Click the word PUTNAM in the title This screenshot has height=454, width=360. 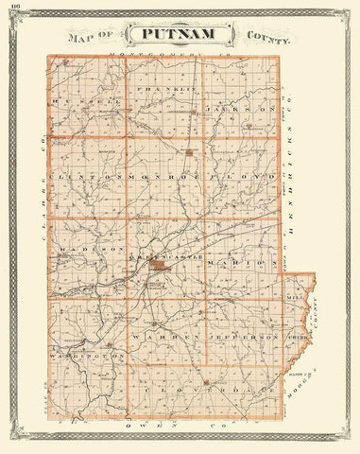pyautogui.click(x=180, y=37)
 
